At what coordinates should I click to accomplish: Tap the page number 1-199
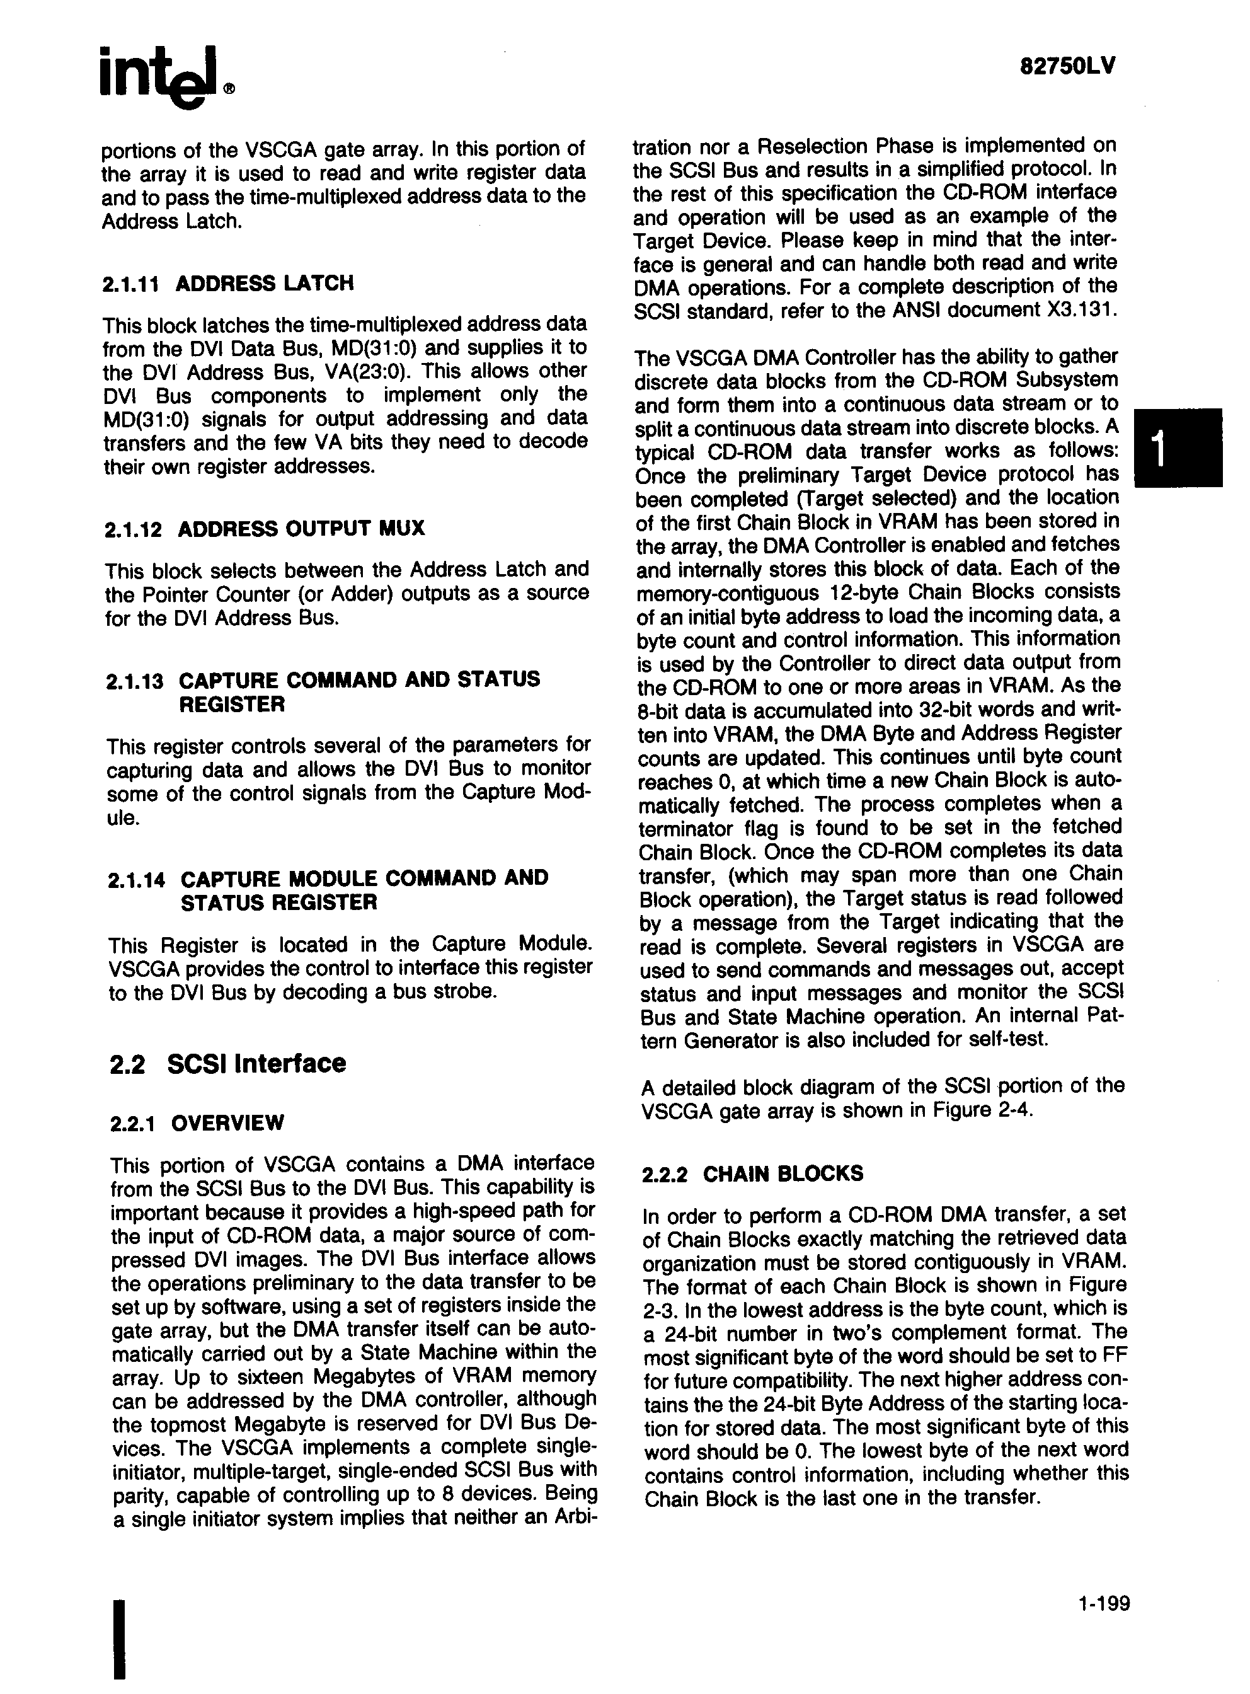tap(1104, 1625)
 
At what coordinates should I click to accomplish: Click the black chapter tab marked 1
tap(1178, 447)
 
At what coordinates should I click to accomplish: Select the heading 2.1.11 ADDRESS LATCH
tap(227, 284)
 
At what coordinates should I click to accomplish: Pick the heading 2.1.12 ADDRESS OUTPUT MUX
tap(264, 528)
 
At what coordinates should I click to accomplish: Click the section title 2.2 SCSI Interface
tap(227, 1064)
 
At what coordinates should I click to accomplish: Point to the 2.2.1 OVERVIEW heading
tap(197, 1122)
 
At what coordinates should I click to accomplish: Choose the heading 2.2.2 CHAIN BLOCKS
tap(752, 1174)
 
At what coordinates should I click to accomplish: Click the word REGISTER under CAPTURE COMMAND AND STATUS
tap(231, 705)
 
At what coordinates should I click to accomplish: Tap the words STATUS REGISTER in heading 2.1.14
tap(278, 903)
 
